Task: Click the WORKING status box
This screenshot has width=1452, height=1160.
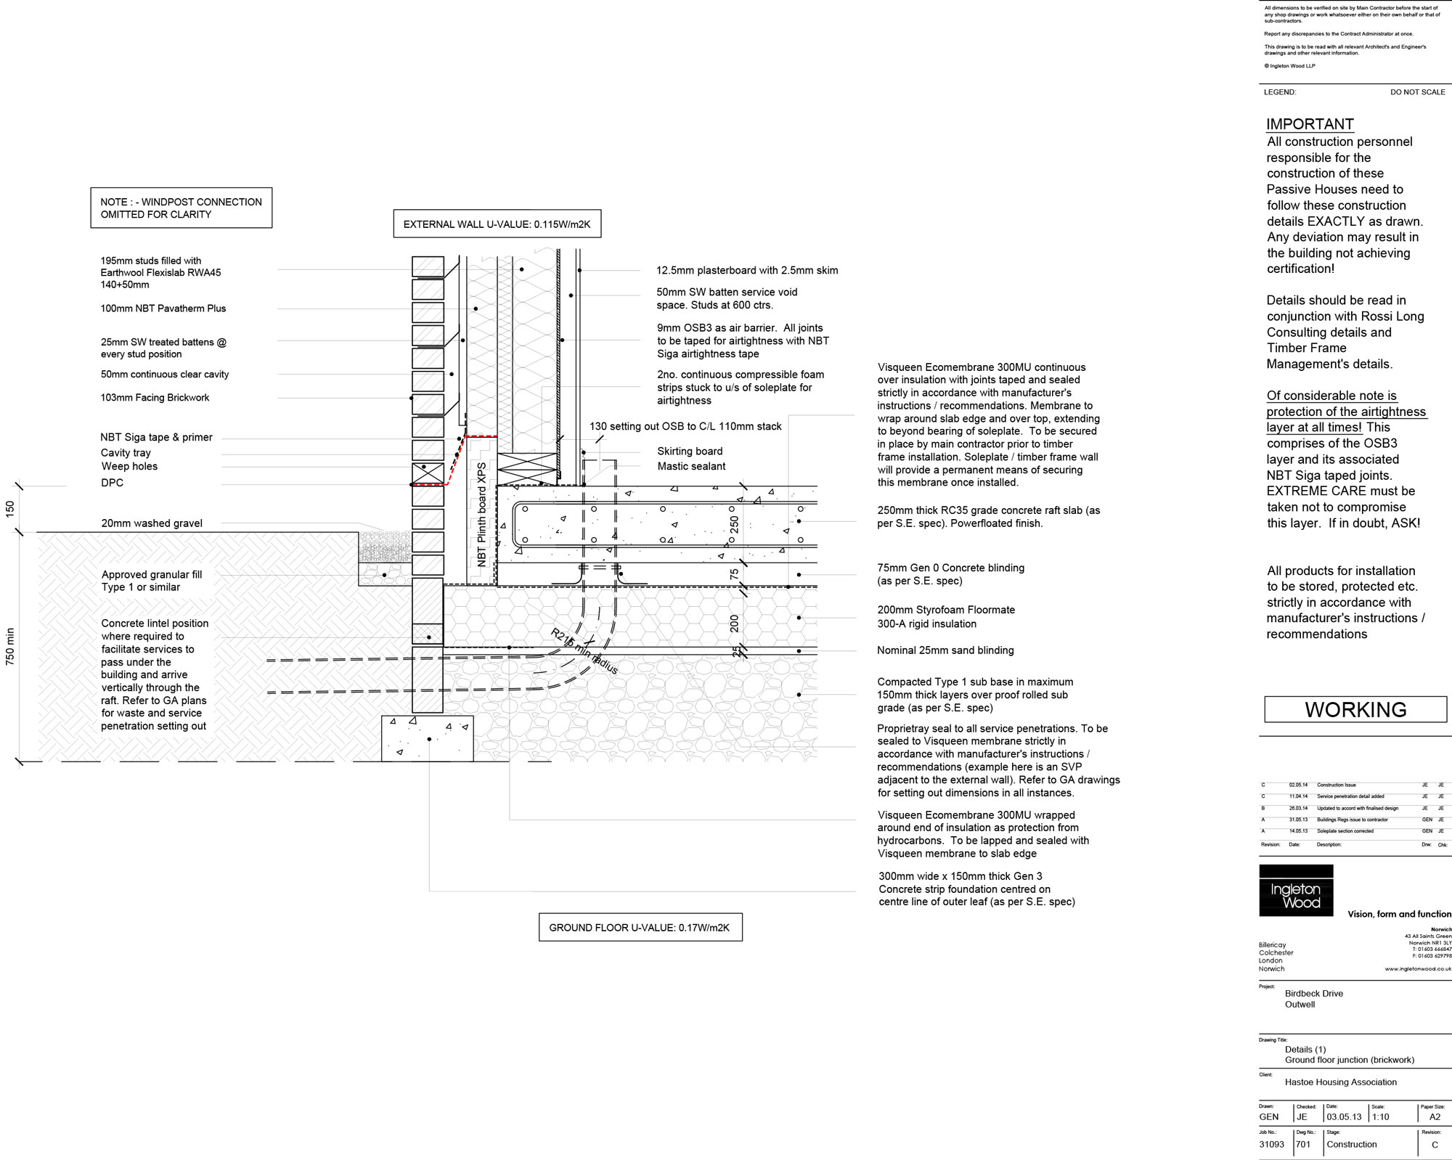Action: click(1355, 709)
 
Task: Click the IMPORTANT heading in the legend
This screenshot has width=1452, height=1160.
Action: click(1310, 124)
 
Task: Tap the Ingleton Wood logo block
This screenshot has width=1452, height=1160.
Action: click(1296, 891)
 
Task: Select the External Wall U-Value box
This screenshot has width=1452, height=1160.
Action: click(497, 224)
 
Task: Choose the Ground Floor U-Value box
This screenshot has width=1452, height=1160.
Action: click(640, 928)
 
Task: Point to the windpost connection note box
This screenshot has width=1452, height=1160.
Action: click(181, 208)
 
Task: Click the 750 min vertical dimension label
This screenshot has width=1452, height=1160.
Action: click(10, 647)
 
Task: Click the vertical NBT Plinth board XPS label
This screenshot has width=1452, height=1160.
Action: click(482, 515)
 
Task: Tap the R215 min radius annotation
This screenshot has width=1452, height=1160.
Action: click(584, 652)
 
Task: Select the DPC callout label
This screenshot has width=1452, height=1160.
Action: click(113, 483)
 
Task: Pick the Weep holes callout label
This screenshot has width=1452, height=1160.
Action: click(129, 467)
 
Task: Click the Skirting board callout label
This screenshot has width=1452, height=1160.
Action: click(690, 452)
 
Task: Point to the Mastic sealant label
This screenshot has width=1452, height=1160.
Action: click(691, 467)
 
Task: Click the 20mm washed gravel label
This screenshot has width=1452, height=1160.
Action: click(152, 523)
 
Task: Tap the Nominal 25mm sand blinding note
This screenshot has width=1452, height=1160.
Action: click(945, 650)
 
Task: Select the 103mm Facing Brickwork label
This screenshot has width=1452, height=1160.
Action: click(155, 398)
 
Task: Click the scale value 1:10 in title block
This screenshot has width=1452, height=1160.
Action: click(1379, 1116)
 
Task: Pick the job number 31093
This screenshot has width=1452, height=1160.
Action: click(1271, 1144)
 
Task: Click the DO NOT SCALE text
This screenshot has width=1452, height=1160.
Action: click(1417, 92)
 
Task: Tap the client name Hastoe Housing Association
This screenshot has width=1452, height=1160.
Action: click(1340, 1082)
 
